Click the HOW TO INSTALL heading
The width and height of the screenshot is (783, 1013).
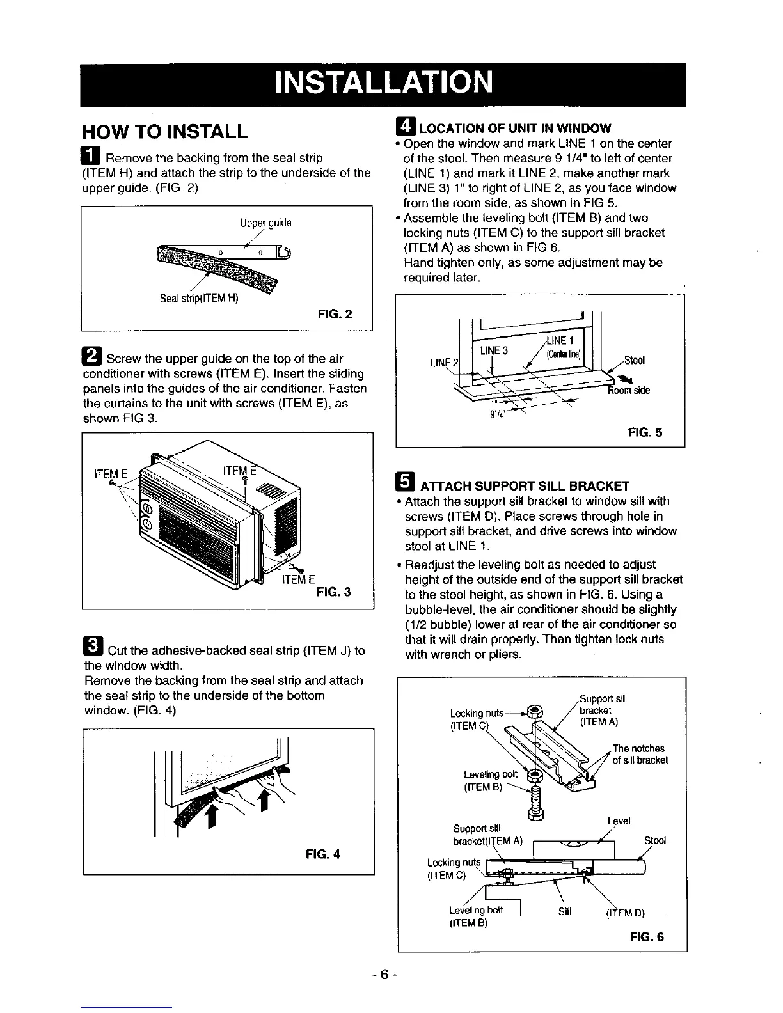coord(165,132)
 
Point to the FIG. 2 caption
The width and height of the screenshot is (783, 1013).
coord(335,313)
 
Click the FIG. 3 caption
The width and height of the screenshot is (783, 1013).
coord(333,592)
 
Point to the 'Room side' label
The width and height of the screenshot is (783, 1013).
coord(629,390)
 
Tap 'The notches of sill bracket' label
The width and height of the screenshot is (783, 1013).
coord(639,754)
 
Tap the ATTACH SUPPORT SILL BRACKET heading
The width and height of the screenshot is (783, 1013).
coord(517,485)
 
